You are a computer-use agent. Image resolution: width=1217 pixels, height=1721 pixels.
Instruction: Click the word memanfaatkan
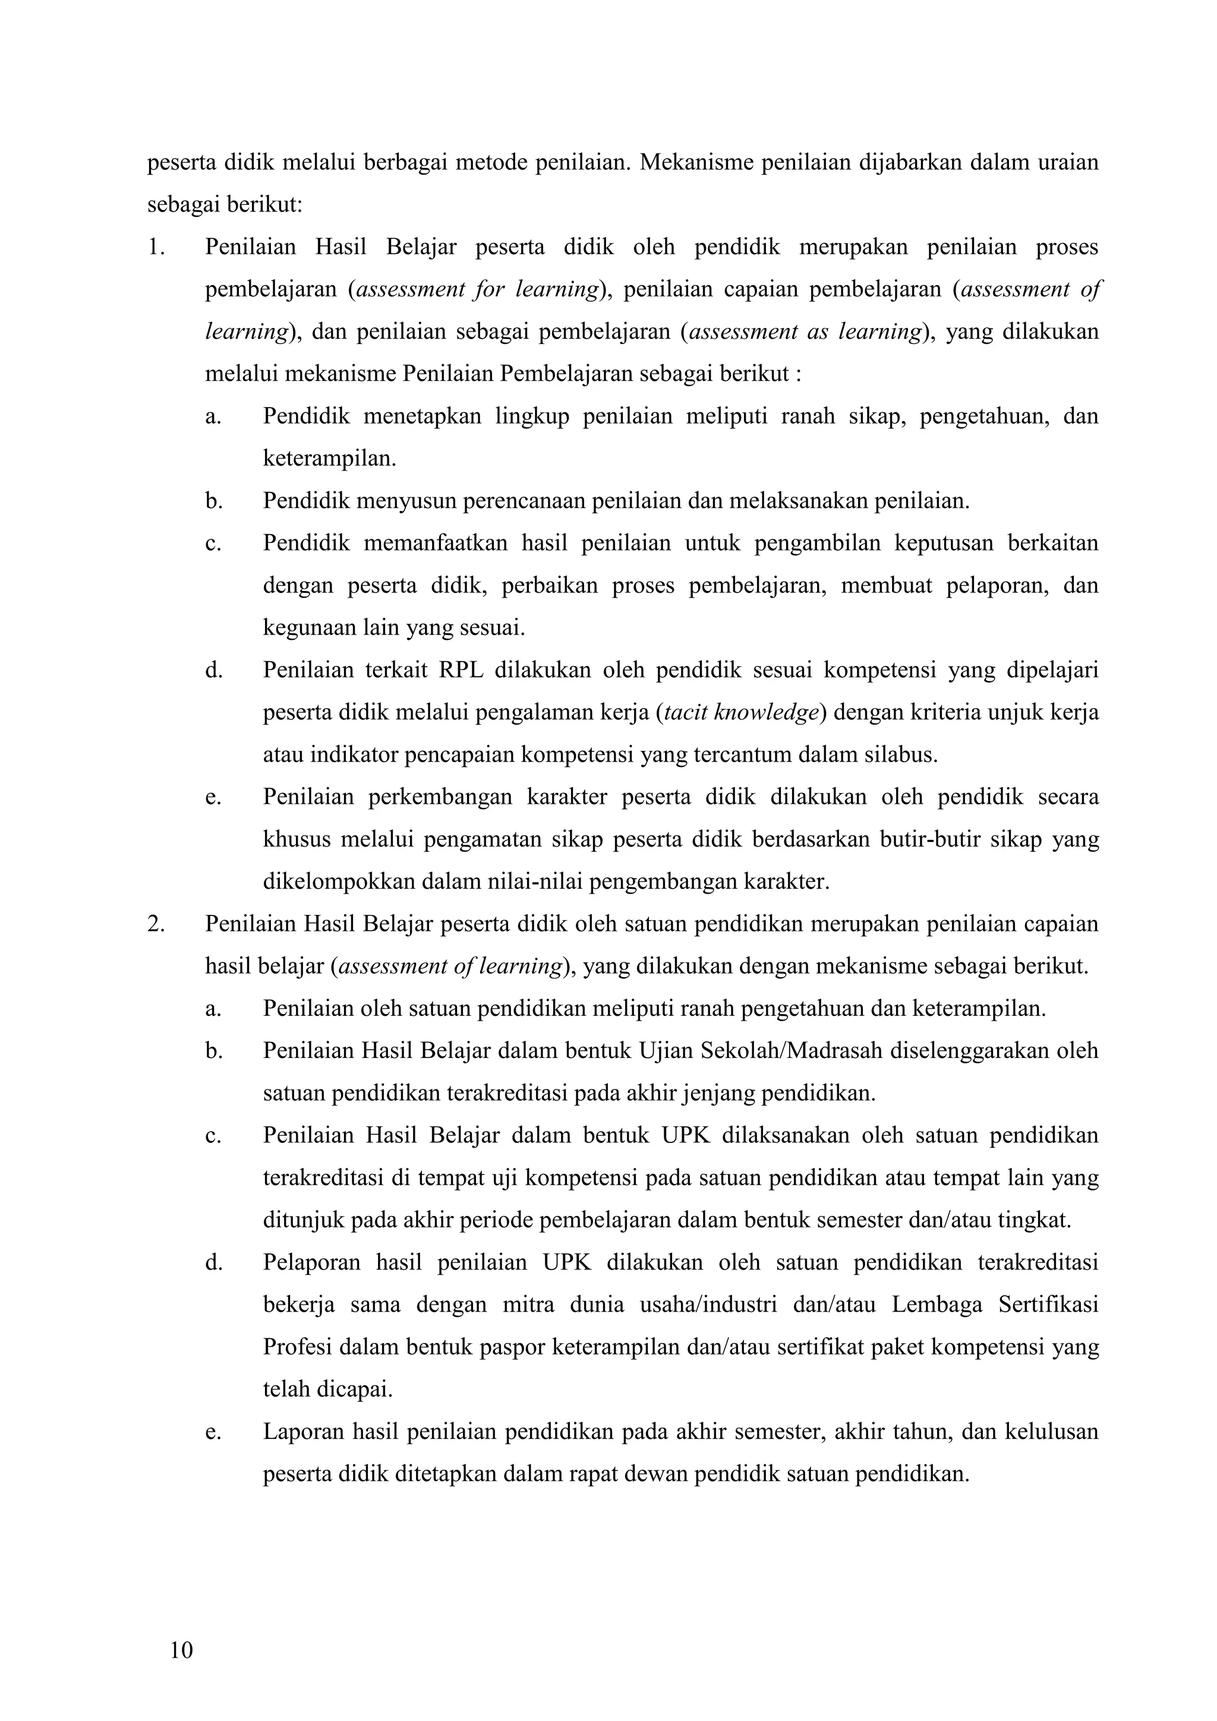tap(436, 543)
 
